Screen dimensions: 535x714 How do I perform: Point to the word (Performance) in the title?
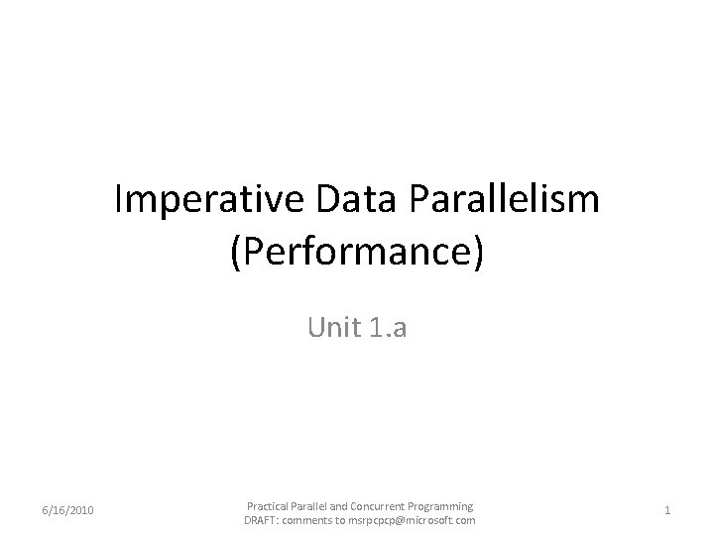pyautogui.click(x=357, y=252)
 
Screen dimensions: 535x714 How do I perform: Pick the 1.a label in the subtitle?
pyautogui.click(x=386, y=327)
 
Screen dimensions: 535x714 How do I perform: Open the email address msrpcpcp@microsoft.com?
pyautogui.click(x=412, y=520)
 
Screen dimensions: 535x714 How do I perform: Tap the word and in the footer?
pyautogui.click(x=342, y=505)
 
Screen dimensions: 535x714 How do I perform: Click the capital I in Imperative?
pyautogui.click(x=119, y=201)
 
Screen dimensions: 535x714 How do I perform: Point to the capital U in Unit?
pyautogui.click(x=316, y=327)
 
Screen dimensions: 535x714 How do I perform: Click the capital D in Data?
pyautogui.click(x=327, y=201)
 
